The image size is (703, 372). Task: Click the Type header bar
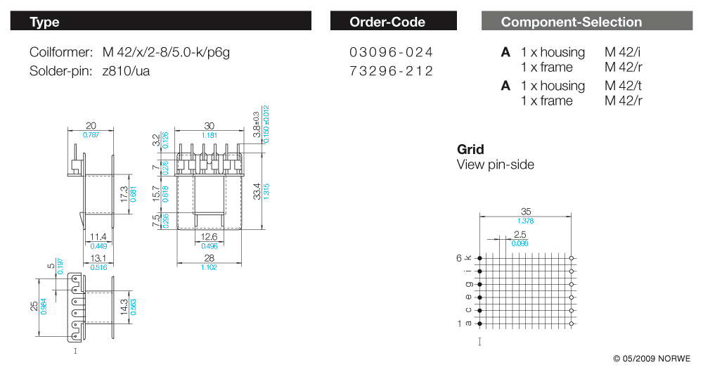point(160,22)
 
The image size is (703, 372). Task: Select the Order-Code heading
point(387,22)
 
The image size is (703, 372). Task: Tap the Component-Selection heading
point(572,22)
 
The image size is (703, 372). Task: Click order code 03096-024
point(392,53)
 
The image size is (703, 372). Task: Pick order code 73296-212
point(392,71)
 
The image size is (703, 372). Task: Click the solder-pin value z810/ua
point(126,71)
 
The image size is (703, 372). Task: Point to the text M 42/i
point(624,53)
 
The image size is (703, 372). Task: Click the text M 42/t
point(624,86)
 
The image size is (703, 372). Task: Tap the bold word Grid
point(470,150)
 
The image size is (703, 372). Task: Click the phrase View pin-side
point(496,165)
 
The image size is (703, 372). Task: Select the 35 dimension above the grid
point(526,211)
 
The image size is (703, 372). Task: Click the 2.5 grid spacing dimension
point(520,234)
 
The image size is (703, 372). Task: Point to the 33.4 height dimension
point(258,190)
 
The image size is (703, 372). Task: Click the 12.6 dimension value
point(208,237)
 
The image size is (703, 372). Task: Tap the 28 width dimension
point(209,259)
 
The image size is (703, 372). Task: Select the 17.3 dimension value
point(124,194)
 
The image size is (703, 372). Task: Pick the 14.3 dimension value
point(124,307)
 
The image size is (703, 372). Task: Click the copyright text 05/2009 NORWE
point(652,359)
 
